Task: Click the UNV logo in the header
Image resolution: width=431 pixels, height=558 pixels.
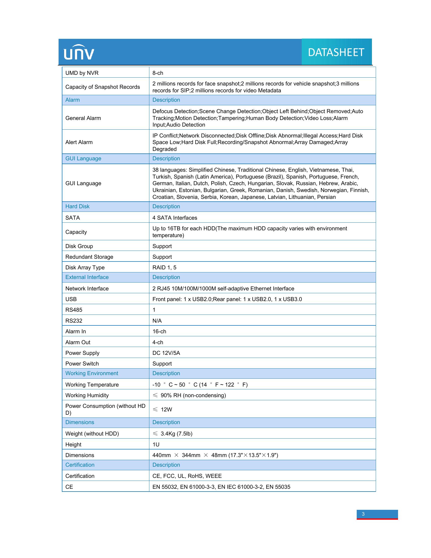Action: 79,53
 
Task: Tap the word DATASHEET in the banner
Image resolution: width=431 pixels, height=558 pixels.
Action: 336,53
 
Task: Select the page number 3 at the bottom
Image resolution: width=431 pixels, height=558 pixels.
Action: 363,514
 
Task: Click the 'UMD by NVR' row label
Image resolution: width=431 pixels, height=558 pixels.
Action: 82,73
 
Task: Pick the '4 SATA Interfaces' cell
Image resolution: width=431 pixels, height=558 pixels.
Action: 175,218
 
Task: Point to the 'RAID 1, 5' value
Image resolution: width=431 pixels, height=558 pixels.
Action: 164,268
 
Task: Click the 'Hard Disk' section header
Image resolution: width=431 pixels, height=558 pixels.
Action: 77,206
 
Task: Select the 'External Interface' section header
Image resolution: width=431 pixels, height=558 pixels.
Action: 87,277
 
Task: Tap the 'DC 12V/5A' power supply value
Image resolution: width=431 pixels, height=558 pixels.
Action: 166,353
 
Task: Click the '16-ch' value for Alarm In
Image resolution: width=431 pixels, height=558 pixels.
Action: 159,332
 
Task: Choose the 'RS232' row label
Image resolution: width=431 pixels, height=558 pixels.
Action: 74,321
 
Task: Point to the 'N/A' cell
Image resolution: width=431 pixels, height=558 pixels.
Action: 157,321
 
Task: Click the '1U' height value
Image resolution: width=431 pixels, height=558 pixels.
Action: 156,444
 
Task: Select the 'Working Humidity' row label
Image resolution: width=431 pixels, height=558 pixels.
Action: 87,395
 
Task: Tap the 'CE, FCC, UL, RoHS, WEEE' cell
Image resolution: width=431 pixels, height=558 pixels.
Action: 187,476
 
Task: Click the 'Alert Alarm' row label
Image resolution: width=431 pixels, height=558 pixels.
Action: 79,142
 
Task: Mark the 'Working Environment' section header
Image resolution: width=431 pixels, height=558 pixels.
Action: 92,373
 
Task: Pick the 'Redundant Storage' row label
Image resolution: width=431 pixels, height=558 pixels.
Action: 89,257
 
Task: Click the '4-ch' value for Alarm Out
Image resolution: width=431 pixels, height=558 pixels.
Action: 157,342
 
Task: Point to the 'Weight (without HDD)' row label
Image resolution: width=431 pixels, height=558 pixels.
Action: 92,433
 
